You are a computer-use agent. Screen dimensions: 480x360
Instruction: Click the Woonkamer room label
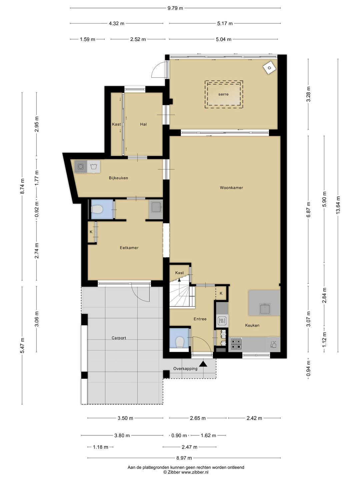point(231,188)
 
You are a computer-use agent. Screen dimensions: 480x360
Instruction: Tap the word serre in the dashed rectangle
point(223,94)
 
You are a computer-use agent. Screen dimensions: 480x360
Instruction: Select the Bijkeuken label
point(118,178)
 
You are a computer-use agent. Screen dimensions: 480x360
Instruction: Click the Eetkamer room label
point(129,248)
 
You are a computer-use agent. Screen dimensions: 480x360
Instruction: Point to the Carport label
point(119,338)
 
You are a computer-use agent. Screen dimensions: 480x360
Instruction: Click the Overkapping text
point(185,369)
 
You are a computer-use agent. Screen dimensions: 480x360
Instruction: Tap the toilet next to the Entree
point(180,342)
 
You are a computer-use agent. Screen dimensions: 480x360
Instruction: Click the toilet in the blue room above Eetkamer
point(97,209)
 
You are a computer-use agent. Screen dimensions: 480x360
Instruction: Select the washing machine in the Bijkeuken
point(80,167)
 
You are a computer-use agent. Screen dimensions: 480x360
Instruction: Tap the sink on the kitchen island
point(265,309)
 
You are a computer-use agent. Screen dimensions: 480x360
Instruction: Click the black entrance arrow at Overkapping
point(203,364)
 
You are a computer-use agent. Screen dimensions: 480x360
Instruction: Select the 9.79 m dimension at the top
point(175,8)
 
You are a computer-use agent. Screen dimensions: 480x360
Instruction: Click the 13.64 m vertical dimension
point(338,205)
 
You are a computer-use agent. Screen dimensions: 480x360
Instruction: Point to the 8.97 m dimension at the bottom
point(184,458)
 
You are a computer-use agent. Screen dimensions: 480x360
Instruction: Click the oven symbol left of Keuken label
point(222,321)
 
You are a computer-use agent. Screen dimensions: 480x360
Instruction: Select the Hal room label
point(143,124)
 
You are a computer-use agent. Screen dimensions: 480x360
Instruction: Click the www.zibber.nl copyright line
point(186,472)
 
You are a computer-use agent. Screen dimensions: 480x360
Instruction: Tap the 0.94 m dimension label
point(308,369)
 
